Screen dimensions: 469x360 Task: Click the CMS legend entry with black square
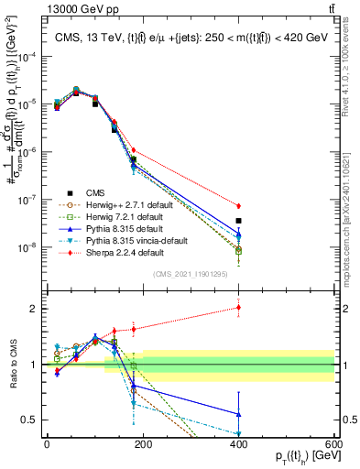point(97,192)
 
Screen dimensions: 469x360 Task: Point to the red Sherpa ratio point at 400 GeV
point(238,308)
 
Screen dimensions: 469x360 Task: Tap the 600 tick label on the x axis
point(333,443)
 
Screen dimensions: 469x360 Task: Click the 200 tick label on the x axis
point(142,443)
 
